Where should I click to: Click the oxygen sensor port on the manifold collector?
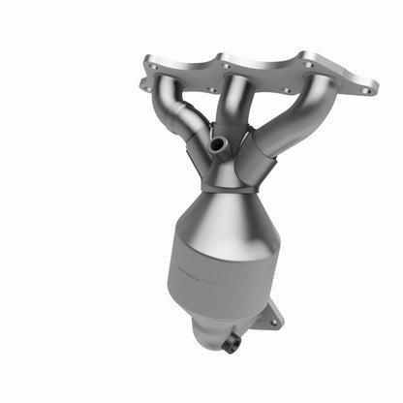pyautogui.click(x=219, y=144)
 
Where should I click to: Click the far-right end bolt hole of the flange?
pyautogui.click(x=366, y=90)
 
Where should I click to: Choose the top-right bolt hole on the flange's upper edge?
pyautogui.click(x=308, y=66)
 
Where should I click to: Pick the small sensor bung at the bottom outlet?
pyautogui.click(x=232, y=343)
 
